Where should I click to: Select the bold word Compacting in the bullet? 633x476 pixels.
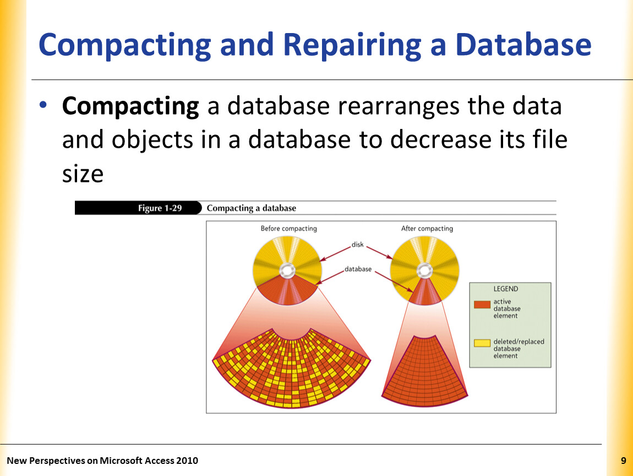coord(130,107)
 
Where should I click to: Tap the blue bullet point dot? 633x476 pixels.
coord(43,105)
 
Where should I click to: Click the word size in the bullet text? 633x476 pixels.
coord(83,174)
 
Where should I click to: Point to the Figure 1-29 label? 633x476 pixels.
coord(160,208)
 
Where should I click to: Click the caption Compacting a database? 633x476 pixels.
coord(252,208)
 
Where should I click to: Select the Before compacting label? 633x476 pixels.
coord(288,228)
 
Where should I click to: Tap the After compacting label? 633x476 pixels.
coord(427,228)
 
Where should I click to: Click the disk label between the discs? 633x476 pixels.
coord(357,245)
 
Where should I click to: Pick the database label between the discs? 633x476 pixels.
coord(358,269)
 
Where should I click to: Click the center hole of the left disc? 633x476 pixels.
coord(287,271)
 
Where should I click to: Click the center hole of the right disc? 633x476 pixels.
coord(425,271)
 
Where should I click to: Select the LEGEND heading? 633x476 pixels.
coord(505,289)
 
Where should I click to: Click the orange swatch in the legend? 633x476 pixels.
coord(482,305)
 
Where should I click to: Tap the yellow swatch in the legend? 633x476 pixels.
coord(482,343)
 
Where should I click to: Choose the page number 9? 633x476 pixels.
coord(623,461)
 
